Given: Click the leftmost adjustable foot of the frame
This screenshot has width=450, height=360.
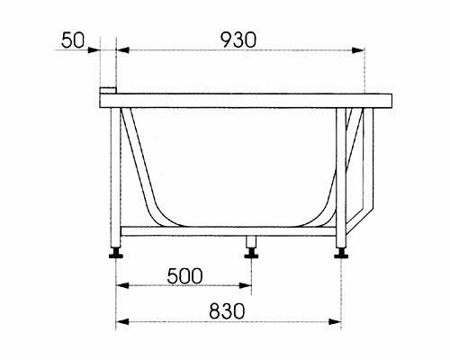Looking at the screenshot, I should point(116,253).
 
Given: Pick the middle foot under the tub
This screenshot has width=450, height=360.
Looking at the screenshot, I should point(251,253).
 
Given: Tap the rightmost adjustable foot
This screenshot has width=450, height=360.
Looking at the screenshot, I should point(342,253).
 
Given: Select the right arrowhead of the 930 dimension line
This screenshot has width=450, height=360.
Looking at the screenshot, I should point(361,50).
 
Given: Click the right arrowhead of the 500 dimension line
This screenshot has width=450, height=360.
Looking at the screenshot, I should point(247,287).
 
